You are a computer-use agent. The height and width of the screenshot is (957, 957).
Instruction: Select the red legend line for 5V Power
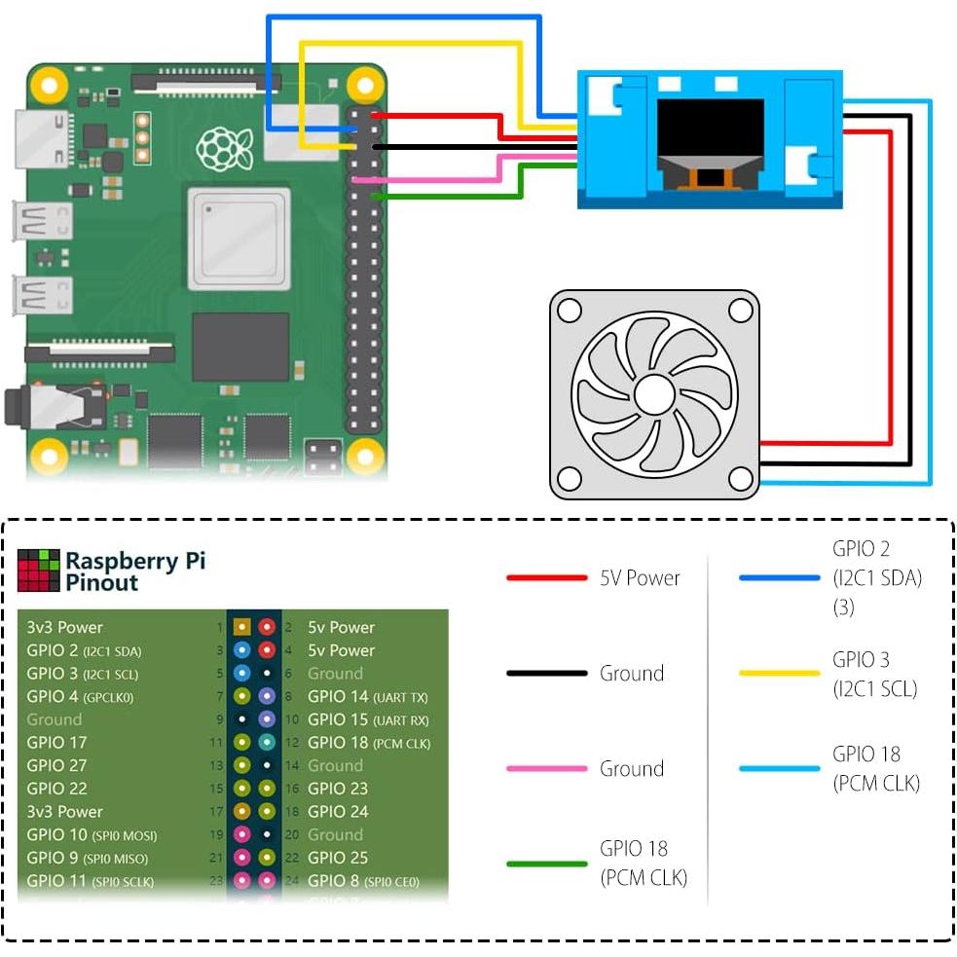click(546, 578)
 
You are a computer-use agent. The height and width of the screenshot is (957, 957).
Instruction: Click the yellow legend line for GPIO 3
click(779, 674)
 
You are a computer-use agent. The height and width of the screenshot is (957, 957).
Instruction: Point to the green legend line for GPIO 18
click(546, 864)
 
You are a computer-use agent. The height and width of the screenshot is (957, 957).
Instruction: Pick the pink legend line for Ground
click(546, 769)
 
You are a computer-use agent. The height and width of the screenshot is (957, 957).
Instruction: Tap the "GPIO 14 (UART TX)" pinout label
click(367, 697)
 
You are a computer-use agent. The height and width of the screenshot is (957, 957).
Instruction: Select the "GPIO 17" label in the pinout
click(56, 743)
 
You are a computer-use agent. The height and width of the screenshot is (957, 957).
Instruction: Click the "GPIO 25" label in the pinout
click(338, 858)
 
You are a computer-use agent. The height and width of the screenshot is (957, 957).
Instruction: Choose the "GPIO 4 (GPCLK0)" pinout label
click(80, 697)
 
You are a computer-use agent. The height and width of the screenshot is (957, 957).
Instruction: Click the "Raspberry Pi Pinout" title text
click(135, 571)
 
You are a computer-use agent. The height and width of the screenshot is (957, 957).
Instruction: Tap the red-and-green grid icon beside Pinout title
click(38, 571)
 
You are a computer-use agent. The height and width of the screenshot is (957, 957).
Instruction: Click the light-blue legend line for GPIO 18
click(779, 769)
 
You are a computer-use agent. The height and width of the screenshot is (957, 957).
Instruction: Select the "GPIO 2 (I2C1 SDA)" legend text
click(876, 577)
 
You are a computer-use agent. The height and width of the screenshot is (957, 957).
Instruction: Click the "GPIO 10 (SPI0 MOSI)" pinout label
click(92, 835)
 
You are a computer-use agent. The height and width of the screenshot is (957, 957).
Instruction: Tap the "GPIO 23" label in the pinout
click(338, 789)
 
